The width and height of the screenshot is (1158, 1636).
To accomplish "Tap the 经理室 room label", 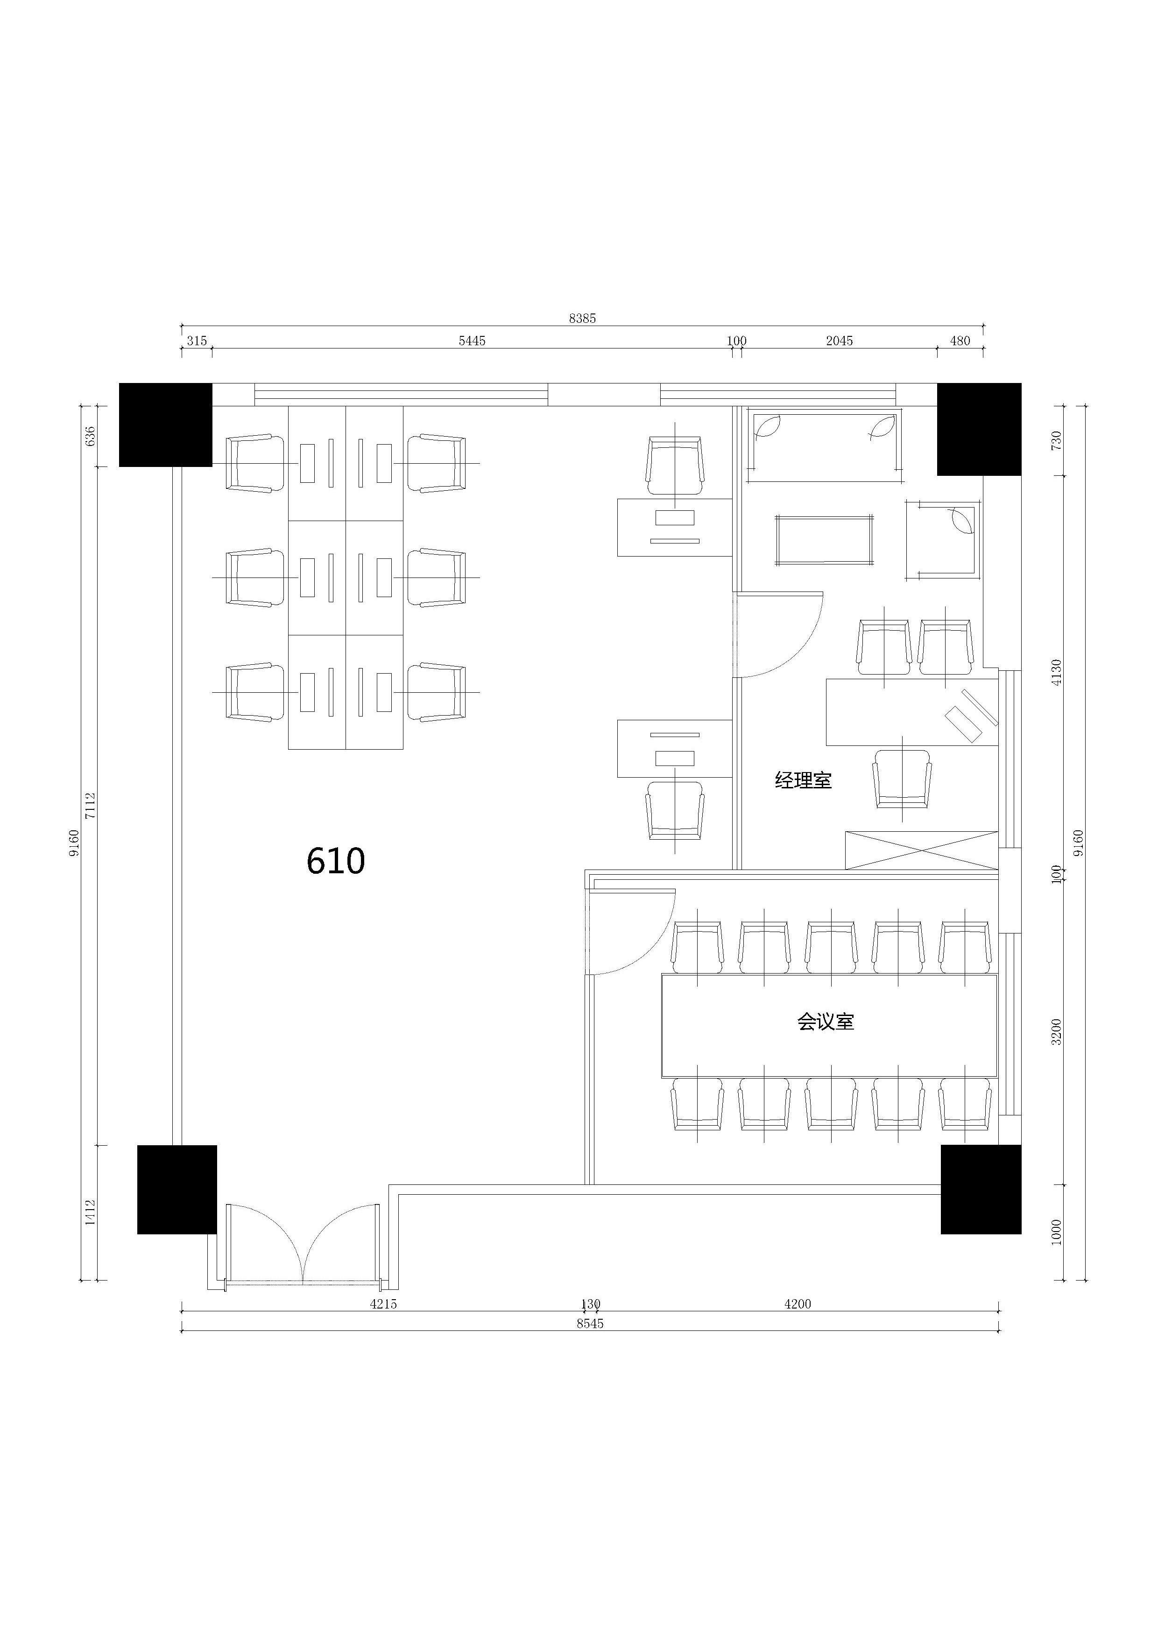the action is click(803, 780).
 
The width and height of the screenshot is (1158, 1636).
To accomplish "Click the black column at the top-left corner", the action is click(165, 425).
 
